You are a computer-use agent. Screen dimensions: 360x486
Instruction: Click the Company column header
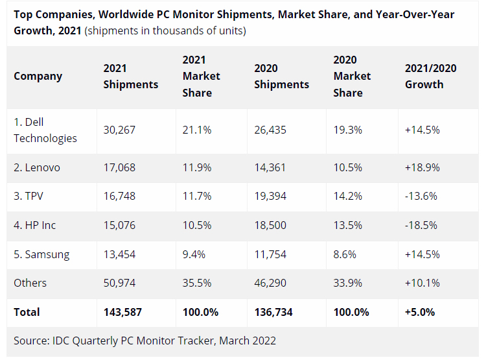pyautogui.click(x=38, y=76)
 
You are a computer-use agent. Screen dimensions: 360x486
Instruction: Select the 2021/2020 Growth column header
pyautogui.click(x=424, y=76)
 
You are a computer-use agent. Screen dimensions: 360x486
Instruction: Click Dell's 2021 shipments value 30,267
pyautogui.click(x=119, y=130)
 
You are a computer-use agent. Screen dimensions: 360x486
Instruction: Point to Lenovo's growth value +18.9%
pyautogui.click(x=422, y=167)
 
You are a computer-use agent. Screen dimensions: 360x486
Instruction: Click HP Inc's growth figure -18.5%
pyautogui.click(x=421, y=225)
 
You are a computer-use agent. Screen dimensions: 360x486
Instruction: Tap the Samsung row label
pyautogui.click(x=41, y=254)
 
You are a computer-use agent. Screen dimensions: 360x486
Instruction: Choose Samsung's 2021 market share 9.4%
pyautogui.click(x=194, y=254)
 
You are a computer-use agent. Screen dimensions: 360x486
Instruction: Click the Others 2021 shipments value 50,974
pyautogui.click(x=119, y=283)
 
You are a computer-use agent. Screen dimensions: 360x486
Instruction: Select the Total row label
pyautogui.click(x=27, y=312)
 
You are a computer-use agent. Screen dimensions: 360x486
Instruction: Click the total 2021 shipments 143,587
pyautogui.click(x=122, y=312)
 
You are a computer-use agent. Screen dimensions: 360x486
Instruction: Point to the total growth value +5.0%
pyautogui.click(x=420, y=312)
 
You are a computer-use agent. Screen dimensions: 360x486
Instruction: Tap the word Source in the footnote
pyautogui.click(x=30, y=341)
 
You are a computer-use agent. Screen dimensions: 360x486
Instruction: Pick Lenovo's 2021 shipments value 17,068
pyautogui.click(x=119, y=167)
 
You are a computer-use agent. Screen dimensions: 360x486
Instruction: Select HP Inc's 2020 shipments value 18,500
pyautogui.click(x=270, y=225)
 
